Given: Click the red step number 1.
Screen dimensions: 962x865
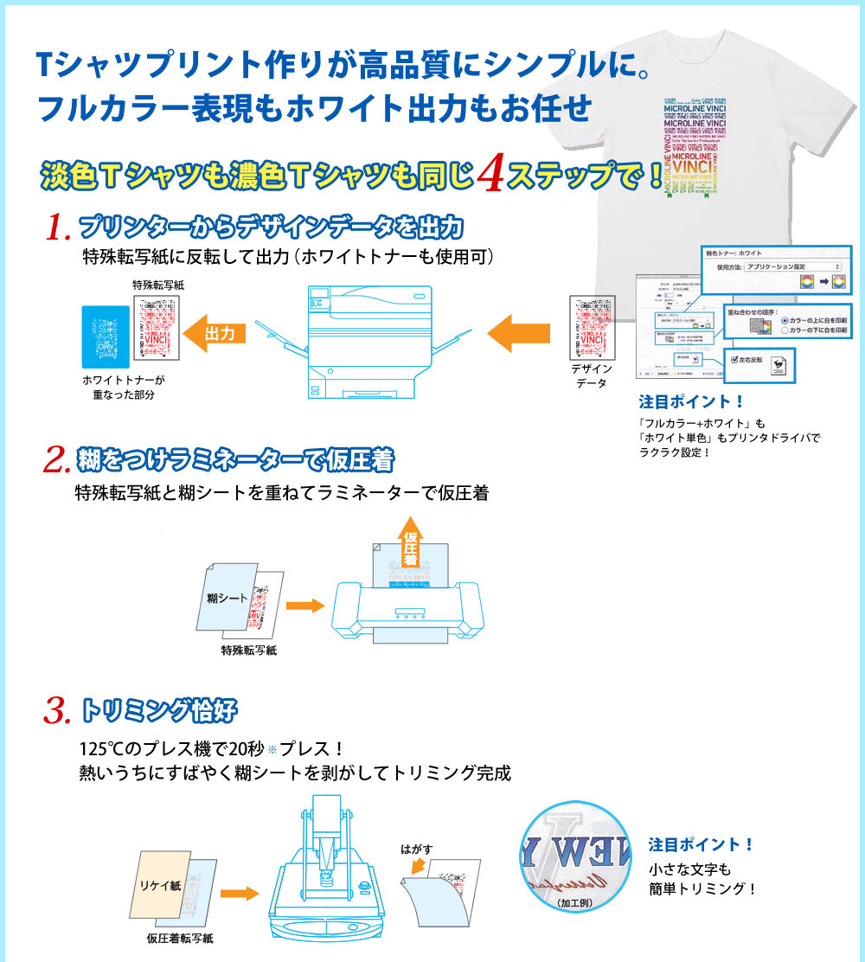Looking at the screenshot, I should (x=56, y=228).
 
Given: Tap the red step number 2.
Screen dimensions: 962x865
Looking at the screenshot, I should (x=56, y=459).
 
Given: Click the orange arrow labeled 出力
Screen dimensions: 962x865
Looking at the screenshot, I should (x=215, y=333).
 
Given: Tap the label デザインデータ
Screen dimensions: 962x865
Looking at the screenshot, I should (x=592, y=375).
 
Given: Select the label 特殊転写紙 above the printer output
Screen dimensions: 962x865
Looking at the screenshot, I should (x=157, y=285).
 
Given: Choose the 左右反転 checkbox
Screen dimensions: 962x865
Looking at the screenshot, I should (x=735, y=358).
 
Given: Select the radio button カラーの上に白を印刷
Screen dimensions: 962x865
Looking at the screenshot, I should (x=785, y=320).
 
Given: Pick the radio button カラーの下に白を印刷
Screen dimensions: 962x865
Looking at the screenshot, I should (x=785, y=331).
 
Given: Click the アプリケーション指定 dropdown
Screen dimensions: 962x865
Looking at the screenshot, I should (x=791, y=266).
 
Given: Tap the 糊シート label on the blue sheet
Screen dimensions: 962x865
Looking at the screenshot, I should (x=227, y=597).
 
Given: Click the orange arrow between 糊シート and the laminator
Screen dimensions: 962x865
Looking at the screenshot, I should (x=304, y=606).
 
